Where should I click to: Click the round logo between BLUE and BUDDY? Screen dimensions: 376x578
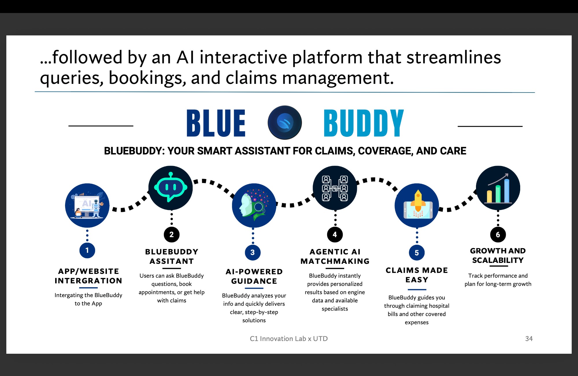(x=285, y=123)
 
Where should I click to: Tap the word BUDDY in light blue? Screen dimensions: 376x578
(x=364, y=123)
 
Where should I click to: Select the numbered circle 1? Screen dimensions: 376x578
(x=87, y=250)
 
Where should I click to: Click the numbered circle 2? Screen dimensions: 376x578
(x=172, y=235)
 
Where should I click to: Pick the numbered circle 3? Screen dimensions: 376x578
(x=253, y=252)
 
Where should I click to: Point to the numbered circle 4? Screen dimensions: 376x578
(x=335, y=235)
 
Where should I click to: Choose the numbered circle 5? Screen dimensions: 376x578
(x=417, y=253)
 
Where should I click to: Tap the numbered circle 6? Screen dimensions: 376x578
(x=498, y=235)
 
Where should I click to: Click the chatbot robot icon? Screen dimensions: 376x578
(x=171, y=188)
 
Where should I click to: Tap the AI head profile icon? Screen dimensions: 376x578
(x=254, y=206)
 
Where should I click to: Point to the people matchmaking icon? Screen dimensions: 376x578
(x=335, y=188)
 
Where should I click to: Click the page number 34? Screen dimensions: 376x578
(x=529, y=339)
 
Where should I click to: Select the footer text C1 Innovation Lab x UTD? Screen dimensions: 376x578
(x=289, y=339)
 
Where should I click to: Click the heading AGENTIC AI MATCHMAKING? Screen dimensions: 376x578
(x=335, y=257)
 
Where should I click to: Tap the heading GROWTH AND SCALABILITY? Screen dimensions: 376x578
(x=498, y=255)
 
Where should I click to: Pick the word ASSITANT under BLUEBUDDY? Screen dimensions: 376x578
(x=172, y=261)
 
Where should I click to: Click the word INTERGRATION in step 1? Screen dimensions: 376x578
(x=88, y=281)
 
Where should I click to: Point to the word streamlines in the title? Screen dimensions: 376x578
(x=454, y=57)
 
